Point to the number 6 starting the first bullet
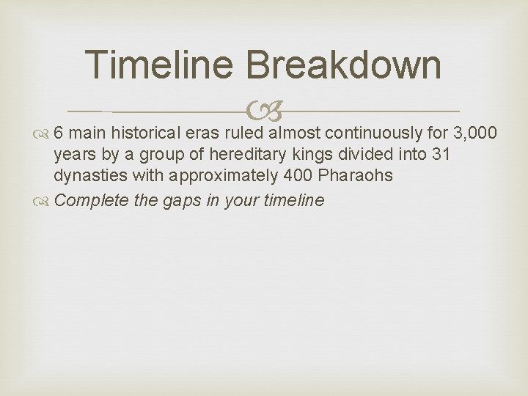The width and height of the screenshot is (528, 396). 60,133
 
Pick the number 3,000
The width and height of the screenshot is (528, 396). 477,133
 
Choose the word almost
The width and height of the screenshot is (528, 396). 295,133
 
